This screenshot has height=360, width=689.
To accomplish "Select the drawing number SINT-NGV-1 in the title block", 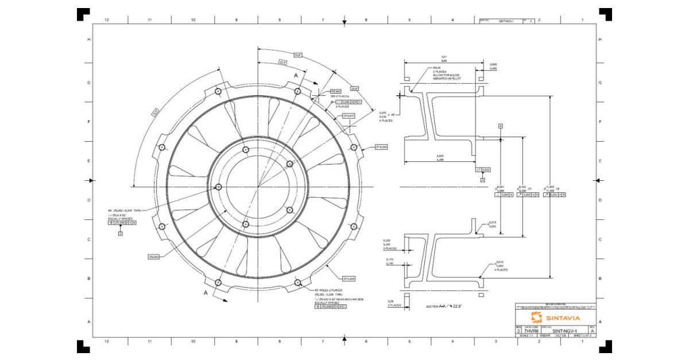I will coord(564,331).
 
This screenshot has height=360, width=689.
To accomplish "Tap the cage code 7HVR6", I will coord(531,331).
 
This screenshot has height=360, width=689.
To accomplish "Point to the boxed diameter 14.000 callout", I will coord(382,147).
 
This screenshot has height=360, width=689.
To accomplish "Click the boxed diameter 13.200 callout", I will coord(350,278).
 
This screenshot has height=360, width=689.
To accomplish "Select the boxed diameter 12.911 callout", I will coord(350,116).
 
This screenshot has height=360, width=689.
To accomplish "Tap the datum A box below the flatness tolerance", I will coord(483,180).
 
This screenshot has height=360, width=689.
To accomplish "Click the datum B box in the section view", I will coord(500,125).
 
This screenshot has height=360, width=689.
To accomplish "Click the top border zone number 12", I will coord(106,20).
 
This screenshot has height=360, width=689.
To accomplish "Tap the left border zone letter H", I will coord(88,40).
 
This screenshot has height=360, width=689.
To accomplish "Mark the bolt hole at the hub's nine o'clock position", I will coord(219,187).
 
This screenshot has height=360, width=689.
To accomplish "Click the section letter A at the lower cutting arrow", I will coord(206,292).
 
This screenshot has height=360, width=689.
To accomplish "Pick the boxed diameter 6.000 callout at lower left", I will coord(153,256).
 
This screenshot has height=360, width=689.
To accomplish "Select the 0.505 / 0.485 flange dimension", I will coord(493,66).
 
